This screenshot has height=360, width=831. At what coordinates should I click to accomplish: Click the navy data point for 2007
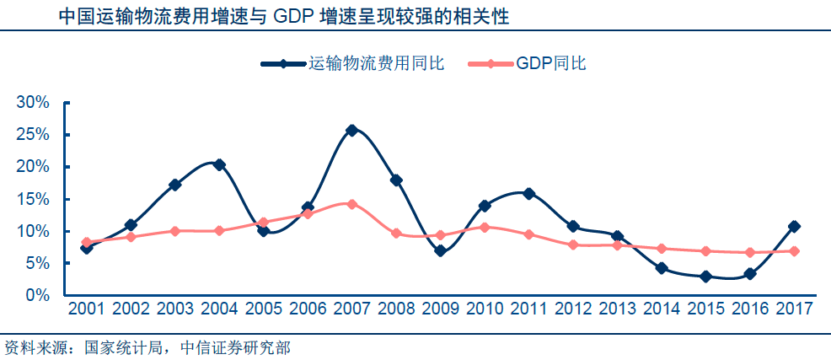point(351,130)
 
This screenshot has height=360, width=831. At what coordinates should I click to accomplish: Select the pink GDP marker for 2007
point(351,204)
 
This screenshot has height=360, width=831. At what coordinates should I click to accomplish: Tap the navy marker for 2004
point(219,164)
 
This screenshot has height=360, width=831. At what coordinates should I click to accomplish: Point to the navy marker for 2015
point(705,277)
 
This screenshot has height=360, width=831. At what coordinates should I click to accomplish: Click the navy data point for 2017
point(794,226)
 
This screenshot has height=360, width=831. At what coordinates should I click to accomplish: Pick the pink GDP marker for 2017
point(794,251)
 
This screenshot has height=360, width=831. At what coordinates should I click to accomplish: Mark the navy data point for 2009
point(440,250)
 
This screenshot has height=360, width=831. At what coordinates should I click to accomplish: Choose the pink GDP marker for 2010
point(485,227)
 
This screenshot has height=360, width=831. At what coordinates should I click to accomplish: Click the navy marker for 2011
point(528,193)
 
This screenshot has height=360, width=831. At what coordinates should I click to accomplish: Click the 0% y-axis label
point(39,295)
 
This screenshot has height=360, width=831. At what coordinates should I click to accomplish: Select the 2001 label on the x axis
point(87,309)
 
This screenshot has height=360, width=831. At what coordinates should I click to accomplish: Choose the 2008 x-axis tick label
point(396,309)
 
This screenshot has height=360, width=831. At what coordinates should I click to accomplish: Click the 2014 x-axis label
point(661,309)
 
